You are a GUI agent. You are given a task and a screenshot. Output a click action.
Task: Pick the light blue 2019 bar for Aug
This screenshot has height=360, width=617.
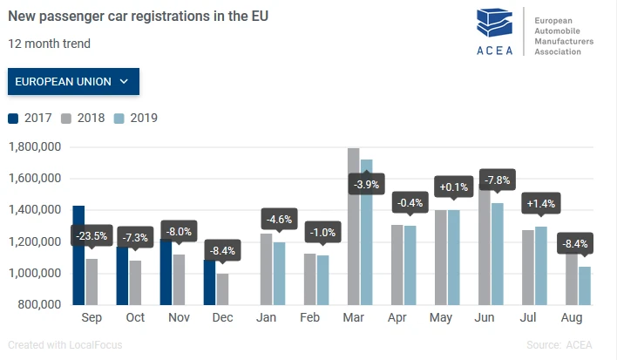point(584,285)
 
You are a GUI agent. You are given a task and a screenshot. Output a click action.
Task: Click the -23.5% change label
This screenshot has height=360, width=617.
point(90,236)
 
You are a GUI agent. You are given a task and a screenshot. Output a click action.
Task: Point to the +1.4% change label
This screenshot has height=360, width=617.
point(540,205)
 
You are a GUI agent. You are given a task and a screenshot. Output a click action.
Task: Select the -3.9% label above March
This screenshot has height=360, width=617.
point(365,184)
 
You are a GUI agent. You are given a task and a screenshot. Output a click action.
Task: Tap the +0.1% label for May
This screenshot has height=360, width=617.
point(452,187)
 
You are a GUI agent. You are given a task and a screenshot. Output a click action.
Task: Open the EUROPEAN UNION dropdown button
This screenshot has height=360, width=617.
point(73,81)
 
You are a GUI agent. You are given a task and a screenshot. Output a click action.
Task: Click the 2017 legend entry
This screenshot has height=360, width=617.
point(31,119)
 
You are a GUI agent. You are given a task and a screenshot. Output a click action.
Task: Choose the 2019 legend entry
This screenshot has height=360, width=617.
point(136,119)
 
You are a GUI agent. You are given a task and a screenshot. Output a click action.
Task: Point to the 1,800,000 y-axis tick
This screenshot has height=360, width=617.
point(33,146)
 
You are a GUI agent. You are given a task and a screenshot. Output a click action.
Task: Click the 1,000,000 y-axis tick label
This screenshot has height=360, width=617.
point(33,273)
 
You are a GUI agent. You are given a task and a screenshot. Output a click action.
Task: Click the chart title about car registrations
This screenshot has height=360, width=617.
point(138,17)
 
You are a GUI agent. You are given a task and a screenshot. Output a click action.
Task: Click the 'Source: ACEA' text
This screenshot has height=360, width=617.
point(559,345)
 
